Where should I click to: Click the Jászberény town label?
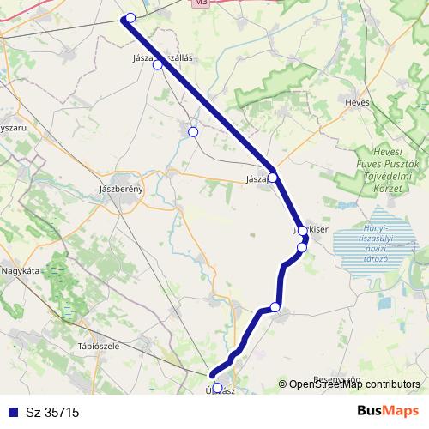tap(121, 188)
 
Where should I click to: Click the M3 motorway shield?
tap(201, 3)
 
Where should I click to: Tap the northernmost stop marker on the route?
tap(130, 18)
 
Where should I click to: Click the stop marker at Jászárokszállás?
tap(157, 64)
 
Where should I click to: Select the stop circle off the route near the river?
tap(193, 132)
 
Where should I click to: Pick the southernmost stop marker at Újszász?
tap(217, 388)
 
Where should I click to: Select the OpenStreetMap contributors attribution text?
tap(353, 384)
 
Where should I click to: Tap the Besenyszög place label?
tap(335, 378)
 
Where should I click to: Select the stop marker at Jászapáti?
tap(273, 178)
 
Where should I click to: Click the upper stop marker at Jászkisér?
tap(303, 231)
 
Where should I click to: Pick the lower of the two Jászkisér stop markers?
tap(301, 248)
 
